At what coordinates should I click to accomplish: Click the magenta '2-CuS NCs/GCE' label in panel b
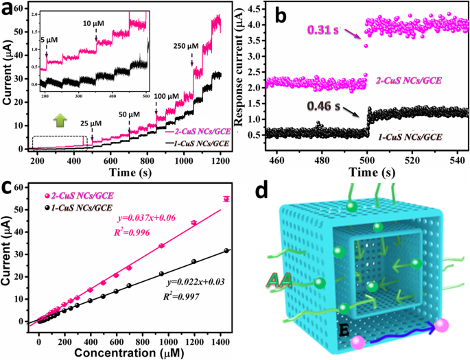pos(408,81)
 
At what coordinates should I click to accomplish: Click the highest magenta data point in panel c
pos(226,199)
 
